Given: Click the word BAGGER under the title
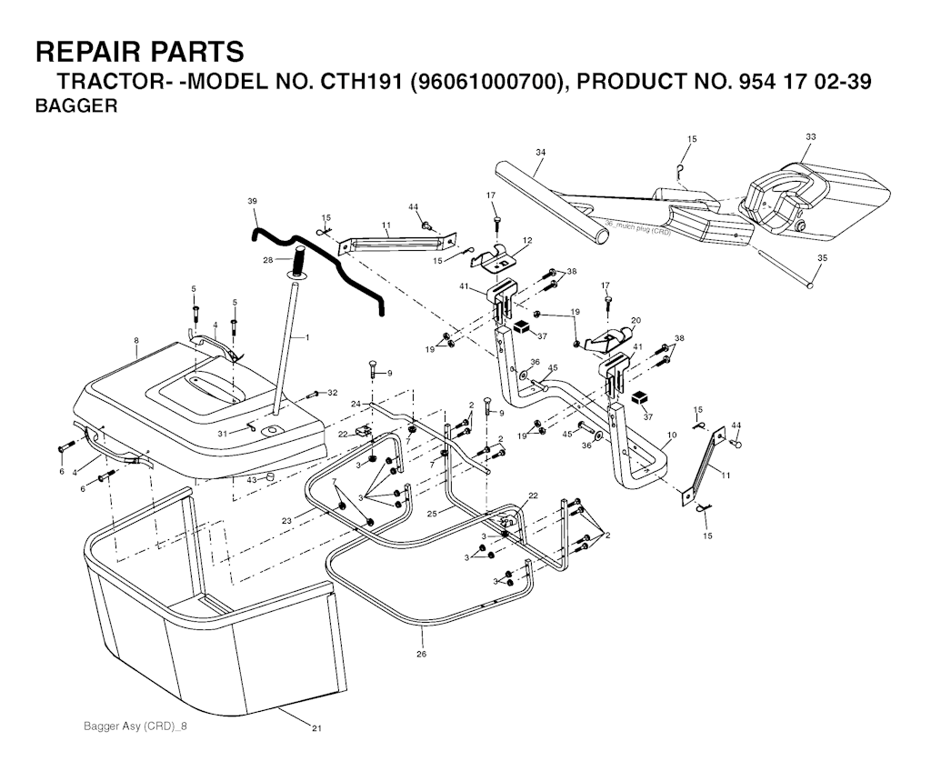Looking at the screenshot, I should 75,106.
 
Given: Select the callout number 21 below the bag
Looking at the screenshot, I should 316,727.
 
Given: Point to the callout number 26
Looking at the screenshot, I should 421,654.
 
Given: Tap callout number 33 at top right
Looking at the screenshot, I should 810,136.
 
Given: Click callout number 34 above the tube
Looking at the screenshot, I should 540,152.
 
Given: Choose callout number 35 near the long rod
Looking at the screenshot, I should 822,258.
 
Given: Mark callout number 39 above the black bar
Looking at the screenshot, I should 252,200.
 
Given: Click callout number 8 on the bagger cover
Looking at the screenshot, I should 136,341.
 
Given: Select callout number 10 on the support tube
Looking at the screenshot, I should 671,436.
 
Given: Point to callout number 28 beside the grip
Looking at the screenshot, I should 267,260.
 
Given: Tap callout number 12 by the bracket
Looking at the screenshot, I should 526,240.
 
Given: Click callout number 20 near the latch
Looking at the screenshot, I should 636,319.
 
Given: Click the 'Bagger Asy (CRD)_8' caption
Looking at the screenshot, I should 140,726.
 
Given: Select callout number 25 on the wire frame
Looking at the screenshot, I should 433,514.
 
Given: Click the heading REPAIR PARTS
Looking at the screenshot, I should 139,51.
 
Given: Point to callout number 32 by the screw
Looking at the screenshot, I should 332,393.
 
